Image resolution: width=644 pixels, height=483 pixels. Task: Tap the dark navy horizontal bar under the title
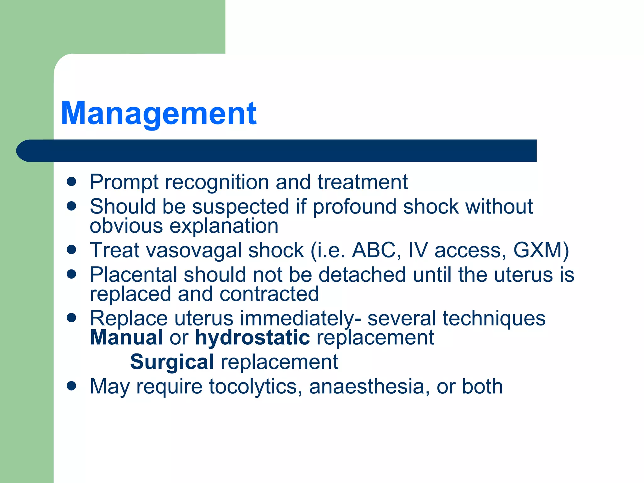click(x=277, y=151)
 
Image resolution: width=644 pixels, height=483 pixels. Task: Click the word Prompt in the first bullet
click(x=124, y=182)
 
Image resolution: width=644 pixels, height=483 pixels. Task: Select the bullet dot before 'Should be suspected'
click(x=72, y=206)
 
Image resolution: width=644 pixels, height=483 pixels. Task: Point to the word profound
click(x=354, y=207)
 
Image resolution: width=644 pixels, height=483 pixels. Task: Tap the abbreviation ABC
click(x=374, y=251)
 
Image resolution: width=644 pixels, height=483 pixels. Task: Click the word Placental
click(x=133, y=275)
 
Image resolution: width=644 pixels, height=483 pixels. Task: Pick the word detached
click(x=362, y=275)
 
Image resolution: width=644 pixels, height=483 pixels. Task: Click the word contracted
click(x=269, y=294)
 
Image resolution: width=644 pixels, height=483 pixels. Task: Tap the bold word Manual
click(x=126, y=338)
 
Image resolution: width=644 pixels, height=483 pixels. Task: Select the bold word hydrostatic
click(x=252, y=338)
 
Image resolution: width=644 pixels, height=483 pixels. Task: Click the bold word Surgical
click(x=172, y=362)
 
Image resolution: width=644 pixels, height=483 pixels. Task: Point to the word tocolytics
click(x=253, y=386)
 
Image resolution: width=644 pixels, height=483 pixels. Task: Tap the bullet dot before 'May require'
click(x=72, y=386)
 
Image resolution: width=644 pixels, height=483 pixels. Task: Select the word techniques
click(x=494, y=319)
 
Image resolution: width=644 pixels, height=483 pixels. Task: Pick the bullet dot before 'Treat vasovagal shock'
click(x=72, y=250)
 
